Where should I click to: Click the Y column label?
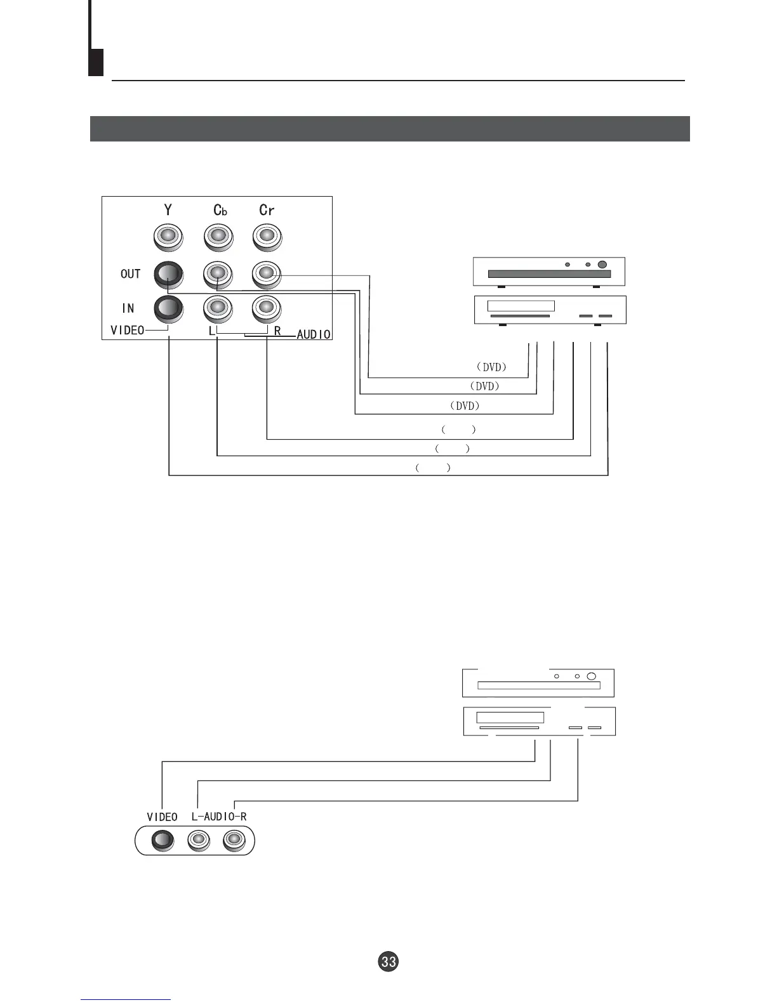click(168, 209)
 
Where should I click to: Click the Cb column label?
click(220, 210)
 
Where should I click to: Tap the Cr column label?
click(267, 210)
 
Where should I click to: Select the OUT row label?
click(130, 274)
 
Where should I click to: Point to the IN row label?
click(128, 308)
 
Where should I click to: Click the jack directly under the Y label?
click(168, 237)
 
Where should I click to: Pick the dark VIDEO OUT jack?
click(168, 274)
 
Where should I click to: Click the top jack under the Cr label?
click(267, 237)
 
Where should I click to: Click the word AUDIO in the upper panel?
click(314, 334)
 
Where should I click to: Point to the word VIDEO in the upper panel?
click(127, 330)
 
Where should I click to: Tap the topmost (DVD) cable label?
click(491, 367)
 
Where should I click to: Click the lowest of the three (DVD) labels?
click(464, 405)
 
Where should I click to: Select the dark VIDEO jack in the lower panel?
click(163, 841)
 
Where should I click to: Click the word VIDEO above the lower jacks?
click(162, 817)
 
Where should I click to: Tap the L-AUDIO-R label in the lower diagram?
click(218, 817)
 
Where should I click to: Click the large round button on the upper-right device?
click(602, 265)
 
